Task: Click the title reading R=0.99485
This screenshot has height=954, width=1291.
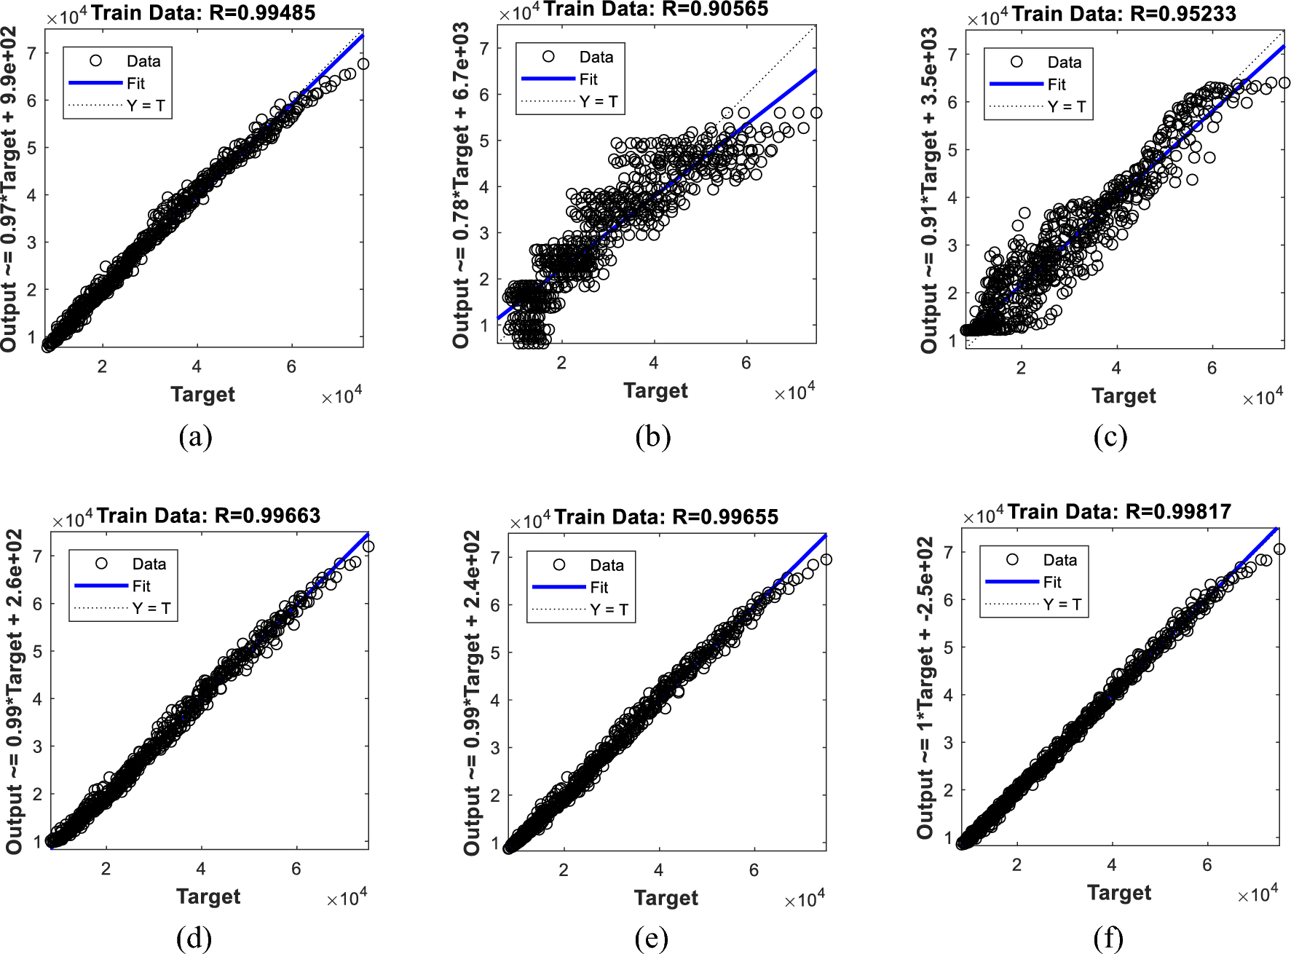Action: click(x=203, y=13)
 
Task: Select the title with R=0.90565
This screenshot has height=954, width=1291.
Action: click(x=655, y=9)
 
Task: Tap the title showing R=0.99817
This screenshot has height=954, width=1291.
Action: click(x=1119, y=512)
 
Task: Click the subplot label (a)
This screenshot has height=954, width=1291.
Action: click(x=195, y=437)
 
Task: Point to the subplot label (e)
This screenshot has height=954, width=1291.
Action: click(x=651, y=939)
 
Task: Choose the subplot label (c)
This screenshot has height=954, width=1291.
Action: click(x=1110, y=437)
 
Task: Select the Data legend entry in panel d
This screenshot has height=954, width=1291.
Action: click(x=149, y=564)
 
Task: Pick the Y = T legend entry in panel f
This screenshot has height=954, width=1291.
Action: click(x=1062, y=604)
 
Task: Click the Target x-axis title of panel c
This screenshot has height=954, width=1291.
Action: click(x=1124, y=396)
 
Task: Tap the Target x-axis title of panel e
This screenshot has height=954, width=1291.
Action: click(x=666, y=898)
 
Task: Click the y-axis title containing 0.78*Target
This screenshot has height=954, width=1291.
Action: click(x=461, y=185)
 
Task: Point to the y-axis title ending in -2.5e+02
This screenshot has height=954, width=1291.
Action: click(x=925, y=687)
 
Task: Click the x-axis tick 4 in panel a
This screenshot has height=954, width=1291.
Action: click(x=197, y=367)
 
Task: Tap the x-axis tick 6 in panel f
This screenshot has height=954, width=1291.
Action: click(x=1207, y=865)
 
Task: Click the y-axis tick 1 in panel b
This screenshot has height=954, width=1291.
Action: click(x=484, y=325)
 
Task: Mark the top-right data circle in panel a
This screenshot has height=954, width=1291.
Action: click(x=363, y=64)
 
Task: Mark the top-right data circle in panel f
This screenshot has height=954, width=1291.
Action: click(x=1279, y=549)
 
